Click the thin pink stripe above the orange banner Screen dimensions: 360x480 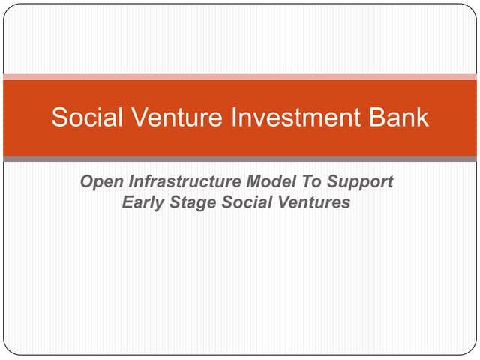(x=240, y=76)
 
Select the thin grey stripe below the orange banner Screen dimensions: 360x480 (x=240, y=159)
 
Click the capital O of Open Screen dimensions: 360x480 (x=86, y=182)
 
